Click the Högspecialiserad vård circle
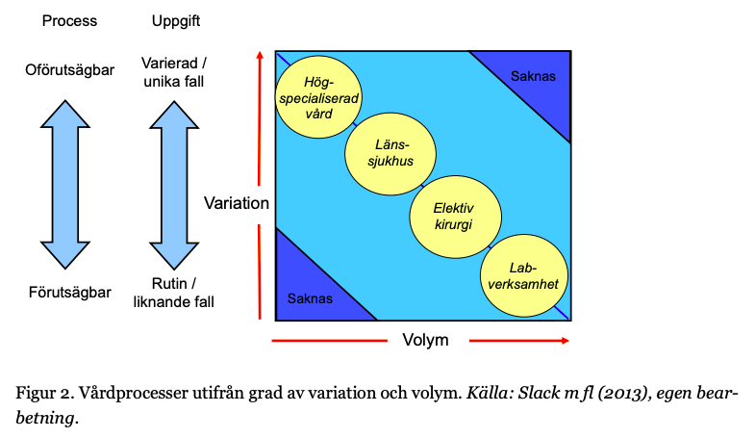point(317,97)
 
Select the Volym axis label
point(424,340)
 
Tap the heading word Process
point(69,21)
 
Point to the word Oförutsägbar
point(69,69)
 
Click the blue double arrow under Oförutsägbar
point(69,183)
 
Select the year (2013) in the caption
point(607,393)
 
